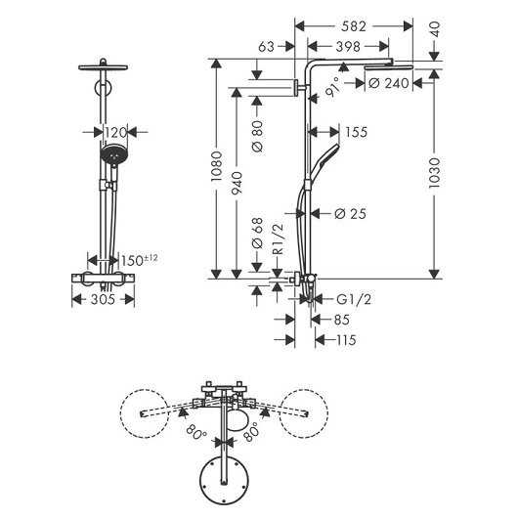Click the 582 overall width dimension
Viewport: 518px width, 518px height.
355,25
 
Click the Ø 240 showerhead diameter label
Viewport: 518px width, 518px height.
388,85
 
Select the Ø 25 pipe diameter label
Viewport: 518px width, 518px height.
349,214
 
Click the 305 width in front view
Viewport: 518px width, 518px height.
105,300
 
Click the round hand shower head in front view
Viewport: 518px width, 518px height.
114,154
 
